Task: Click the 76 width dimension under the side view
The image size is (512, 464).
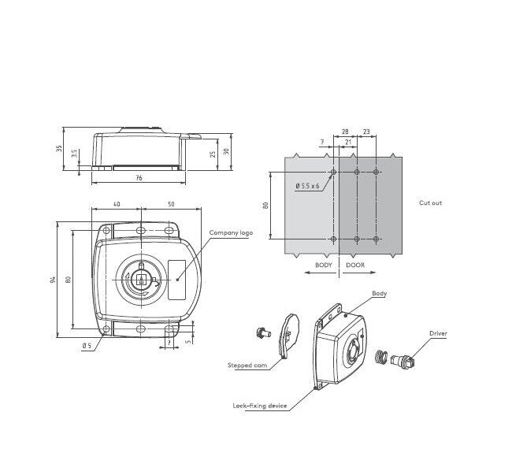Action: (139, 179)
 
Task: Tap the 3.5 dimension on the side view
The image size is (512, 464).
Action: (75, 154)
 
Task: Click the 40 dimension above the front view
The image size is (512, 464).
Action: (117, 205)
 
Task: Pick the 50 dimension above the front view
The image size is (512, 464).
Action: (171, 205)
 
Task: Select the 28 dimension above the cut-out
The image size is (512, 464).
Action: (345, 133)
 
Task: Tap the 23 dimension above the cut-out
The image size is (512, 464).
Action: (367, 133)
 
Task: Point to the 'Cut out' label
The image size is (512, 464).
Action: (430, 202)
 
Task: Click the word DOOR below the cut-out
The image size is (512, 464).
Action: (354, 265)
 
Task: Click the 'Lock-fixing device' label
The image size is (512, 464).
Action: (259, 406)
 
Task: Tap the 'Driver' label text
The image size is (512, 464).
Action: (438, 333)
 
